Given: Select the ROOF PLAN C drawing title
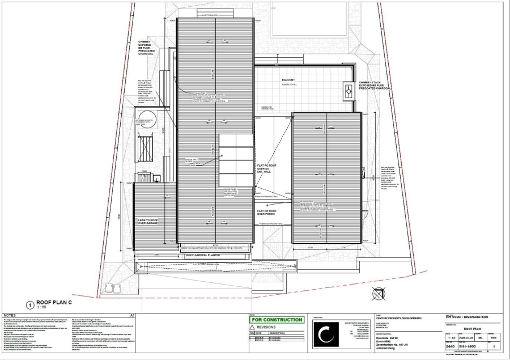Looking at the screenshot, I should point(54,302).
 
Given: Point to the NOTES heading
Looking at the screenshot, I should point(10,315).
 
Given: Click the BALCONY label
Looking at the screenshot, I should point(288,80).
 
